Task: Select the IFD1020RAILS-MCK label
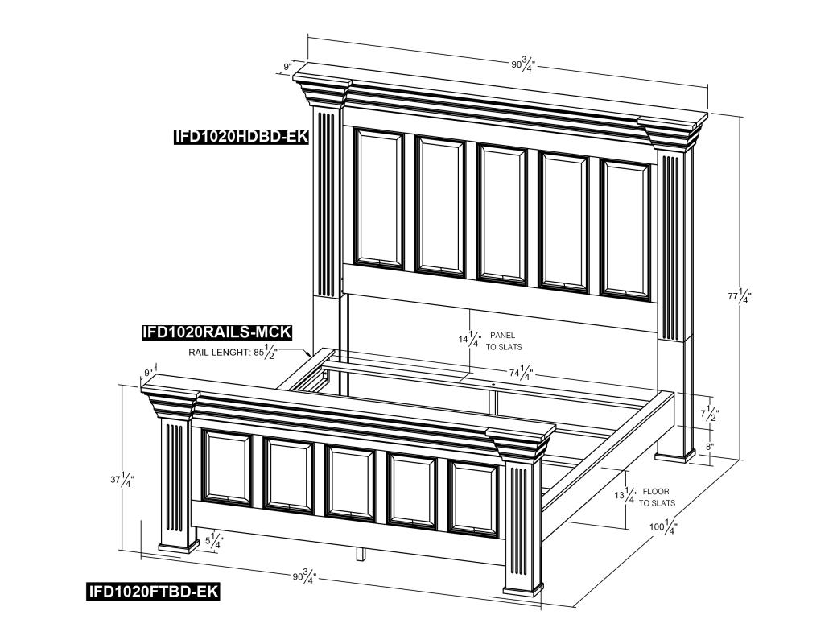click(x=216, y=332)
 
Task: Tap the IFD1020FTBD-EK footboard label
click(x=153, y=591)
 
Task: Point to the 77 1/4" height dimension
click(x=740, y=297)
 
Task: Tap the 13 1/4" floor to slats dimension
click(x=625, y=496)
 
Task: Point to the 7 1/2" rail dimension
click(x=709, y=413)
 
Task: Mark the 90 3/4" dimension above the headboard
click(x=523, y=65)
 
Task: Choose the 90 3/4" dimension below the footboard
click(x=305, y=576)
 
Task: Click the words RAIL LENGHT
click(x=218, y=353)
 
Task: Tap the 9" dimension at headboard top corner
click(x=288, y=67)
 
